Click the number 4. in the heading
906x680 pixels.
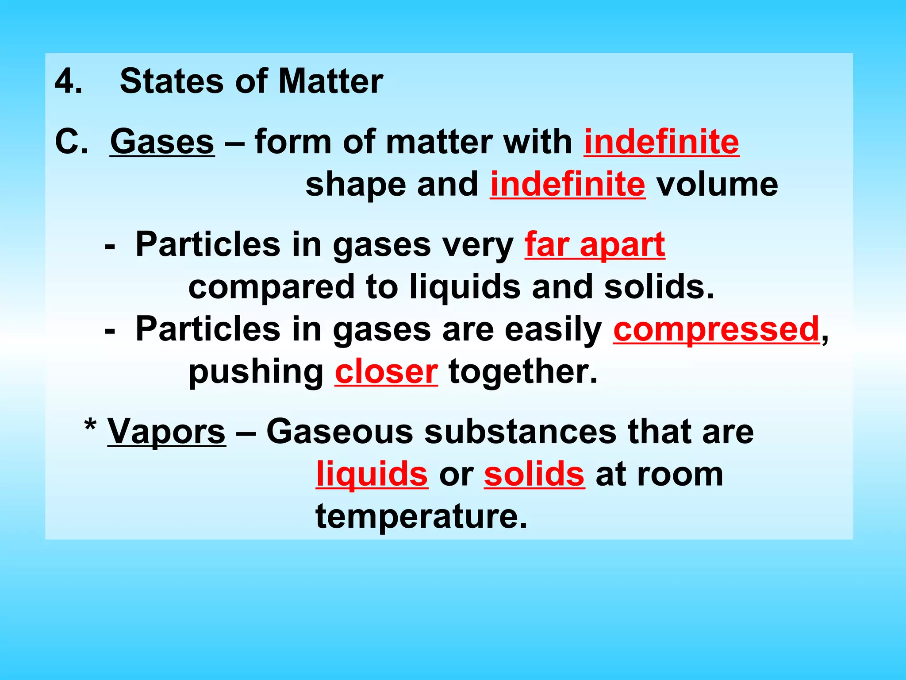pos(68,82)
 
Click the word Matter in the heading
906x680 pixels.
pos(330,81)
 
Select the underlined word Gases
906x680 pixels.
pos(162,142)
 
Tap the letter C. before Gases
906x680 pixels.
pos(71,142)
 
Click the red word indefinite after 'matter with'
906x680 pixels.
pos(661,142)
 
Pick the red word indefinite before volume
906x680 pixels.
pos(568,184)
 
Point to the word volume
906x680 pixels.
pos(717,184)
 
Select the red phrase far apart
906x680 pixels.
pos(595,244)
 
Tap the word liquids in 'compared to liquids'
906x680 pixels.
pos(465,287)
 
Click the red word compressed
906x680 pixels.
pos(716,329)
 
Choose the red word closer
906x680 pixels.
pos(386,372)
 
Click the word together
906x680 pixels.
pos(522,372)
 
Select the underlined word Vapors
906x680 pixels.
pos(166,432)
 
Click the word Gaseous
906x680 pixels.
pos(339,432)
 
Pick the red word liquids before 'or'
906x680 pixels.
pos(372,474)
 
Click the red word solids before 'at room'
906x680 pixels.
pos(534,474)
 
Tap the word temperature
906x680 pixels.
pos(421,517)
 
